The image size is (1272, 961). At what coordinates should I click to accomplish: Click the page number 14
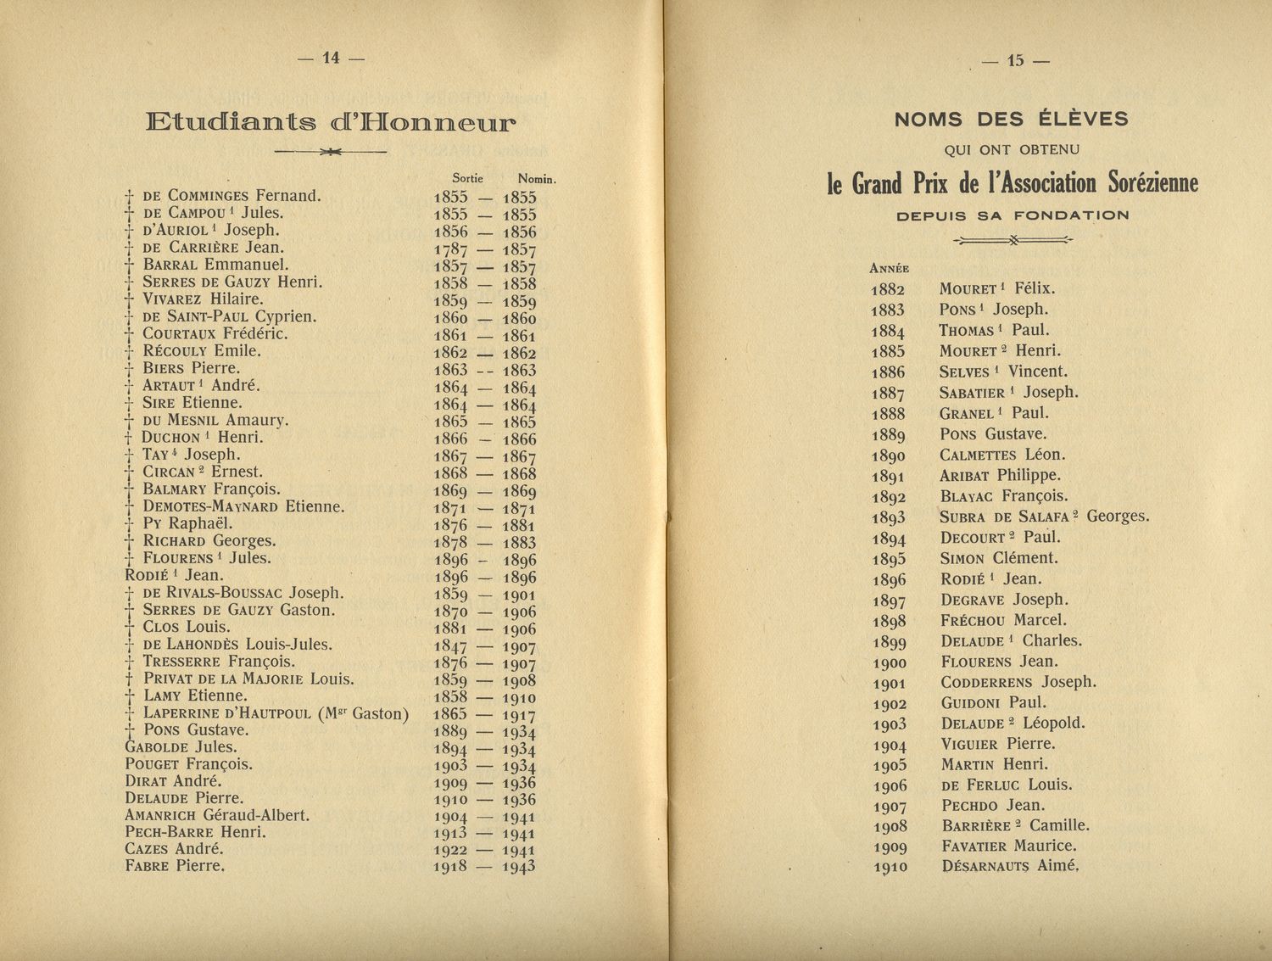tap(331, 58)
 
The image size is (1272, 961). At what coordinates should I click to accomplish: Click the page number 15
tap(1015, 60)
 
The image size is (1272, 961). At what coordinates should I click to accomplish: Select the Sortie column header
tap(467, 178)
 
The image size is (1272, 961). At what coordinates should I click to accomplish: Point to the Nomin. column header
tap(536, 179)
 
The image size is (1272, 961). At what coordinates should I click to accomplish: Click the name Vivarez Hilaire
tap(203, 299)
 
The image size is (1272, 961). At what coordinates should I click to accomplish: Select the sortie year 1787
tap(450, 249)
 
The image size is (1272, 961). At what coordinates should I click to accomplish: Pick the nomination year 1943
tap(519, 867)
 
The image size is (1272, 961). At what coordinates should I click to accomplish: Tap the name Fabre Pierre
tap(175, 866)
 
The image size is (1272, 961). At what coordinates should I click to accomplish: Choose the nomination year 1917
tap(519, 715)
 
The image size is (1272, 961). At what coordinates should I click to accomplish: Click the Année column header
tap(890, 268)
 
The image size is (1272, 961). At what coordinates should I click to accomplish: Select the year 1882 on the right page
tap(887, 289)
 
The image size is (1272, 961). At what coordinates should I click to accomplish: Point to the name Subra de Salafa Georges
tap(1044, 517)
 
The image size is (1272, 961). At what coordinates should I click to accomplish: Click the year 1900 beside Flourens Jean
tap(889, 662)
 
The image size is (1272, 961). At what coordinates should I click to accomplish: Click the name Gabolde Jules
tap(181, 747)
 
